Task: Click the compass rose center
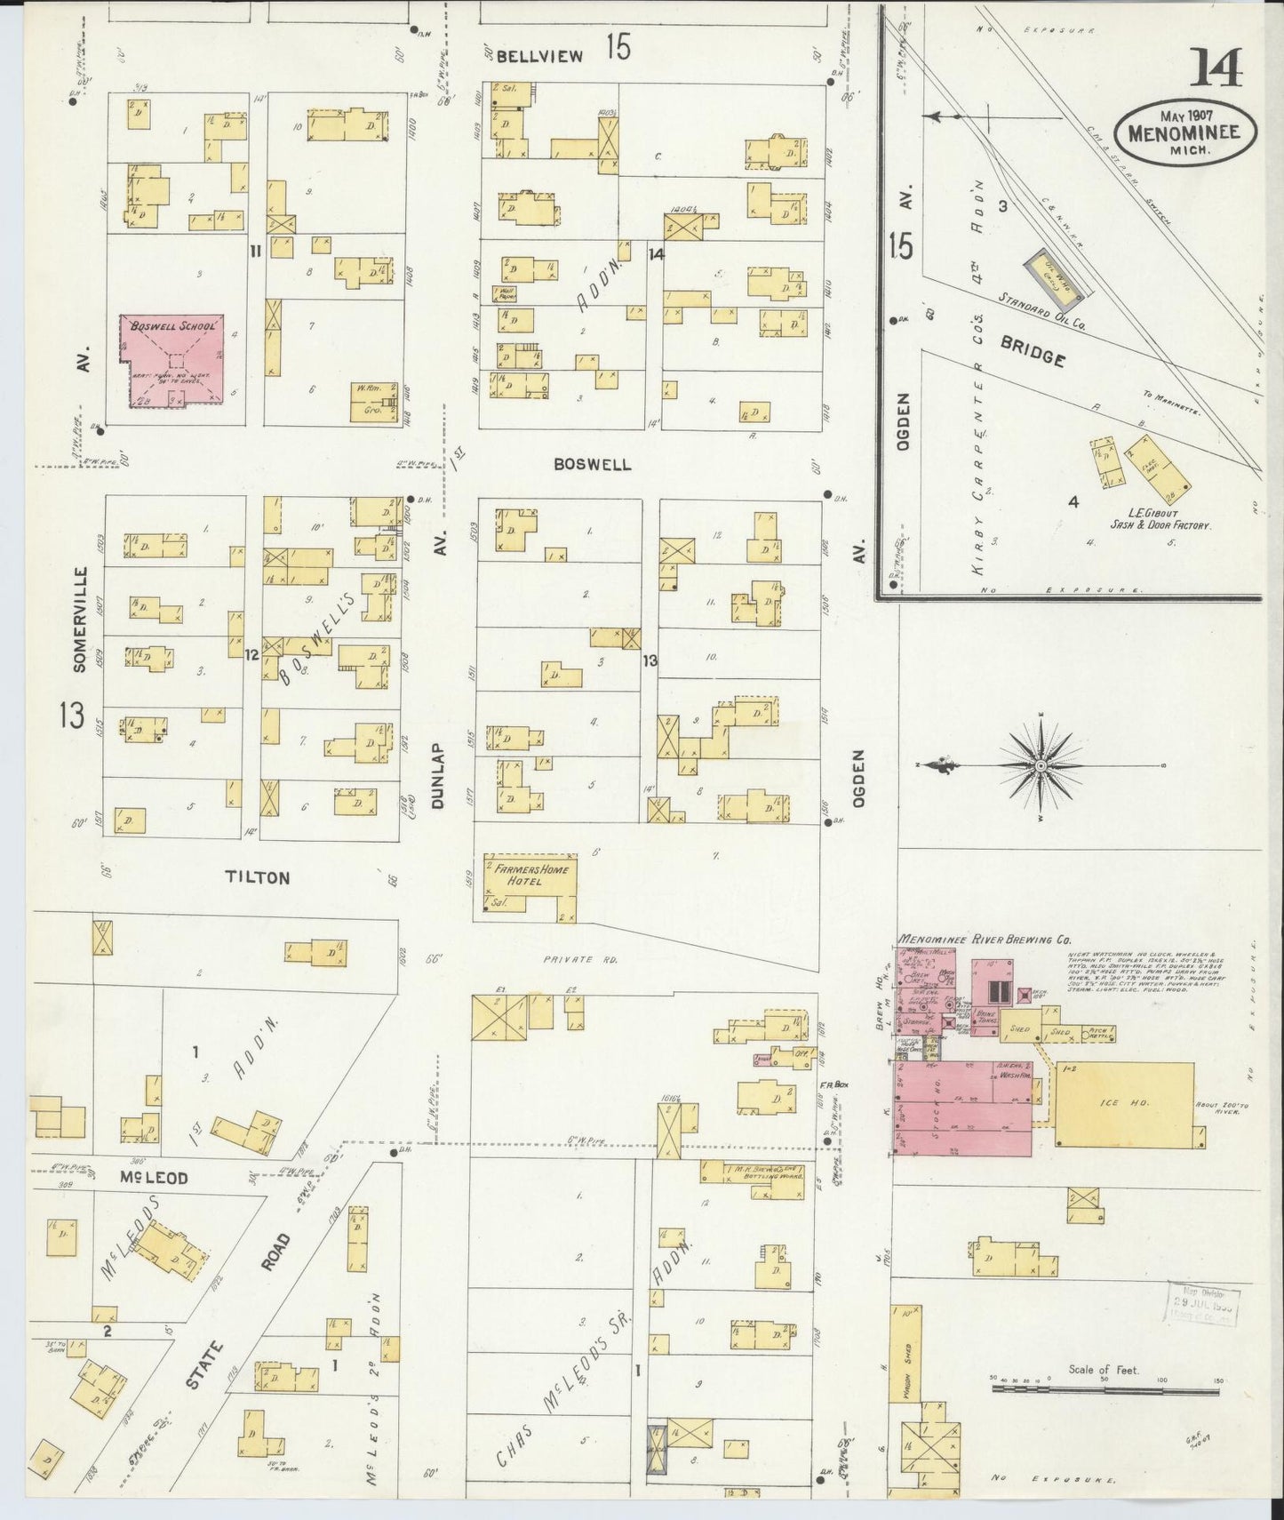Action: point(1040,764)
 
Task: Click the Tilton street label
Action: point(257,877)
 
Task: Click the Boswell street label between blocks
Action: point(592,464)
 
